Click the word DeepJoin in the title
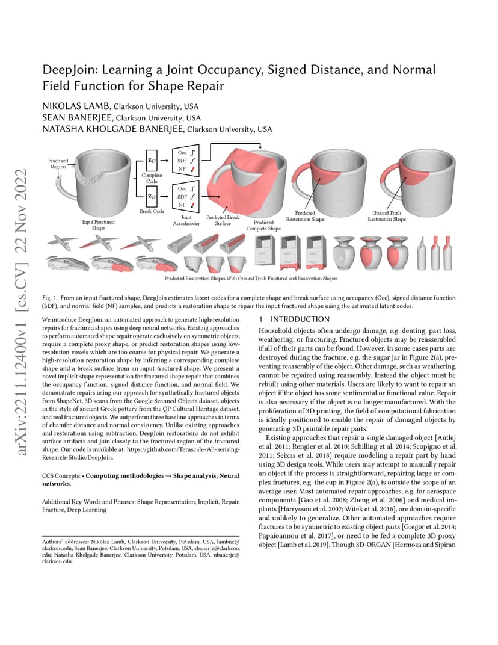(x=70, y=70)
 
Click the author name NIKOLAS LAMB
(x=76, y=106)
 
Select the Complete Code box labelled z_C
(x=152, y=161)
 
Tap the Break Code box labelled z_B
(x=152, y=196)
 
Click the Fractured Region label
(x=58, y=164)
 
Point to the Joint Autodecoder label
(x=186, y=220)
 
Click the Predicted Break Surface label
(x=223, y=220)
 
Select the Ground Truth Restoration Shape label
(x=387, y=216)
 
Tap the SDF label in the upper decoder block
(x=182, y=161)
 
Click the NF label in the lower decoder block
(x=182, y=205)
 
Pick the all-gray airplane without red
(x=63, y=242)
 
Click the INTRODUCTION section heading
(x=300, y=319)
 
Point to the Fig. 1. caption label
(x=49, y=298)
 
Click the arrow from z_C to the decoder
(x=164, y=161)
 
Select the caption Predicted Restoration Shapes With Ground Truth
(x=251, y=279)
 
